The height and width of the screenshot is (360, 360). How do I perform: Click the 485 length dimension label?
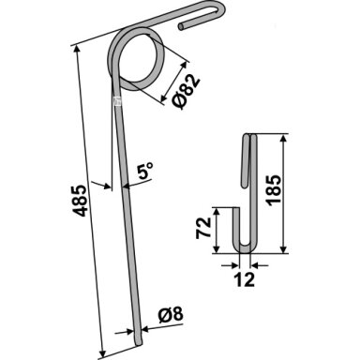coord(81,201)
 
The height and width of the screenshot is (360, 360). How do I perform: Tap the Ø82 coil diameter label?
coord(186,92)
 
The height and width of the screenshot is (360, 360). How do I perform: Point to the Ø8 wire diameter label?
coord(171,316)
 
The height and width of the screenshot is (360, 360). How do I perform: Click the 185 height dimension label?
coord(275,190)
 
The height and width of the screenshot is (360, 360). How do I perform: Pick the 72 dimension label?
coord(203,229)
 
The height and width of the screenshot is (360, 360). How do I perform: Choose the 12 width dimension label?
coord(245,279)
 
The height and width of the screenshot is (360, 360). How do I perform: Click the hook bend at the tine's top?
coord(220,7)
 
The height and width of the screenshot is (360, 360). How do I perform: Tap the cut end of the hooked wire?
coord(181,27)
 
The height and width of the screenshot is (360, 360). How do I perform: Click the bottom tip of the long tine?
coord(139,343)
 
